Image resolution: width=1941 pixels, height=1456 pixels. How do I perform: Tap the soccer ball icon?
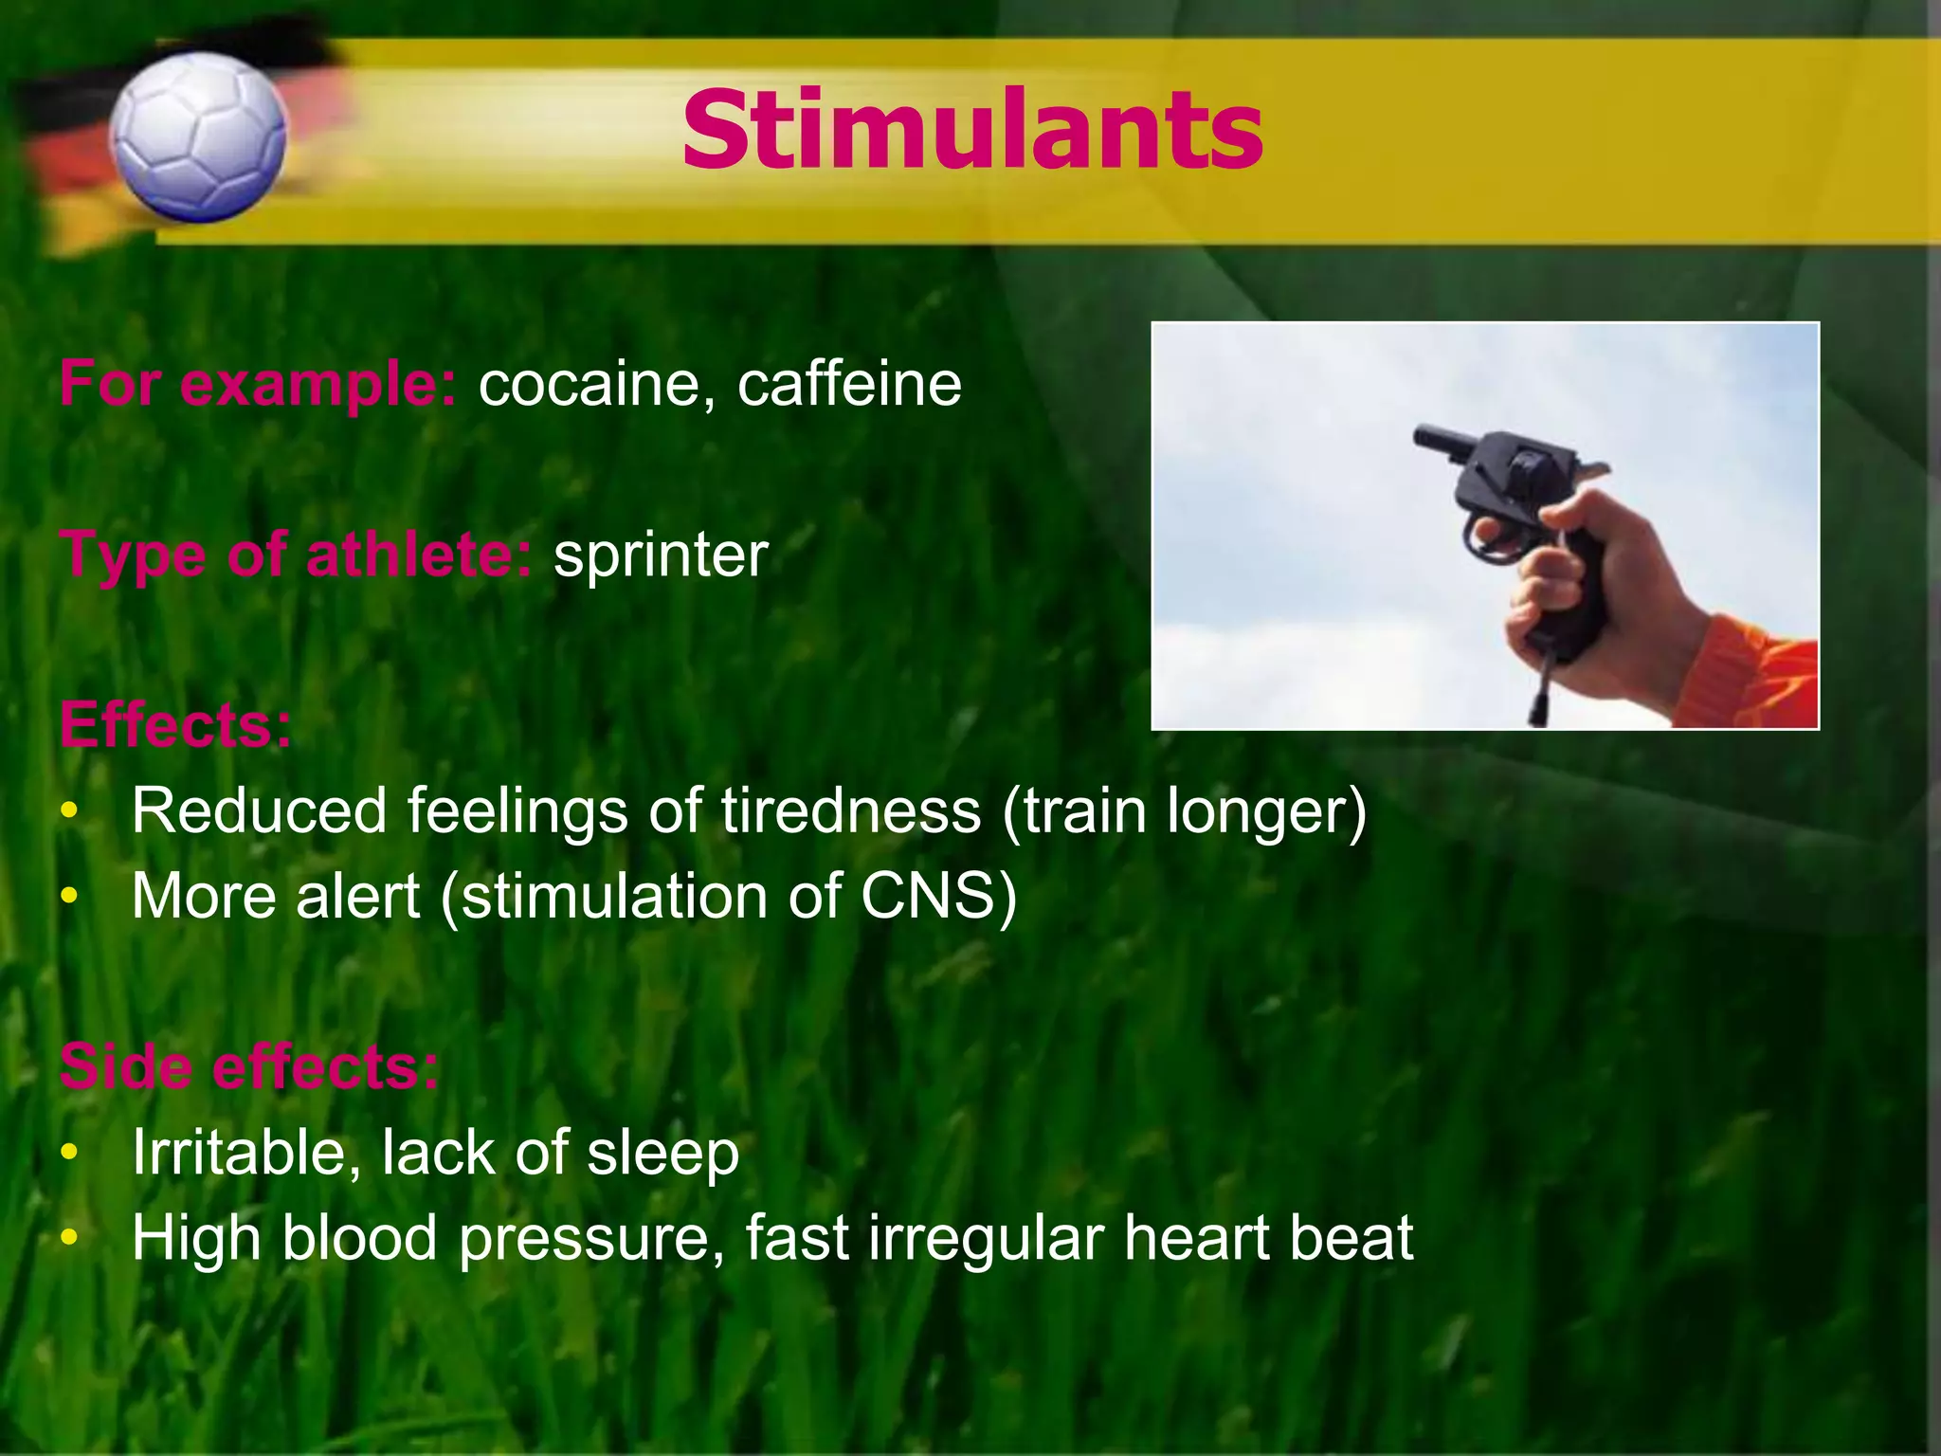[x=197, y=137]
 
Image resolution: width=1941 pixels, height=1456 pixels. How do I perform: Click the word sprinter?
[x=661, y=555]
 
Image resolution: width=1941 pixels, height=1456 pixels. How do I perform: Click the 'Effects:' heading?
[x=176, y=726]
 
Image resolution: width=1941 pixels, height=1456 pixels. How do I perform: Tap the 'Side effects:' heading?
[x=249, y=1067]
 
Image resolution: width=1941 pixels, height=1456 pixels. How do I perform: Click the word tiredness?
[x=850, y=811]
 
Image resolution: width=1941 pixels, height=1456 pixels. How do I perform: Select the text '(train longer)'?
[x=1185, y=813]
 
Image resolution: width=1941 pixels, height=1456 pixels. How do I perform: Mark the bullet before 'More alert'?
[x=68, y=897]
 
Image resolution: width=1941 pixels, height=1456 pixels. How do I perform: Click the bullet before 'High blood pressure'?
[x=68, y=1238]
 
